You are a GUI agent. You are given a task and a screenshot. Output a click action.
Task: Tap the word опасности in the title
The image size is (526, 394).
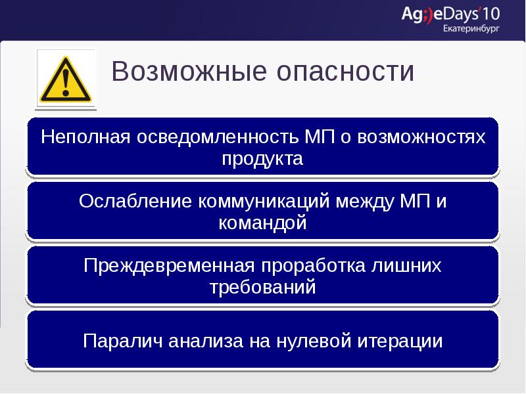coord(342,72)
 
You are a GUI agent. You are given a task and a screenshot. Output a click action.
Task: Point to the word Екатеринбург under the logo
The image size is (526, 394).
coord(471,29)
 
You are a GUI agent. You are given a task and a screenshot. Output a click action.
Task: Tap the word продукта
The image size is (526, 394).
coord(262,159)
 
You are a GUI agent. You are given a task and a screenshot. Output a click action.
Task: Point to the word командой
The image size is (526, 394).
coord(262,223)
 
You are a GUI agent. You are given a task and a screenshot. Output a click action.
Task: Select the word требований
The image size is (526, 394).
coord(262,288)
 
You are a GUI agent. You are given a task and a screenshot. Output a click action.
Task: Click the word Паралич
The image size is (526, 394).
coord(123,341)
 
